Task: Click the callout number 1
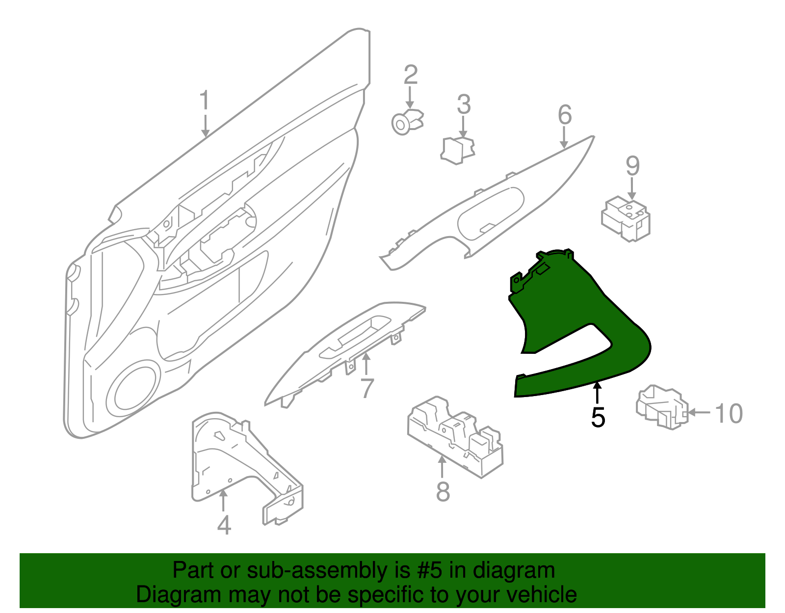[x=205, y=101]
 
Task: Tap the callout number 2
[x=411, y=75]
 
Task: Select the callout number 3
[x=464, y=105]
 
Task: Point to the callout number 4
[x=224, y=526]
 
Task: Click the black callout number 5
[x=598, y=417]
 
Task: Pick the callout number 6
[x=565, y=115]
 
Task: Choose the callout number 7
[x=367, y=388]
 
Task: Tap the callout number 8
[x=443, y=491]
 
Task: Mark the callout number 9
[x=632, y=166]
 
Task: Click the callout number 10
[x=729, y=414]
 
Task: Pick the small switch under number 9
[x=627, y=218]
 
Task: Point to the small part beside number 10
[x=661, y=406]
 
